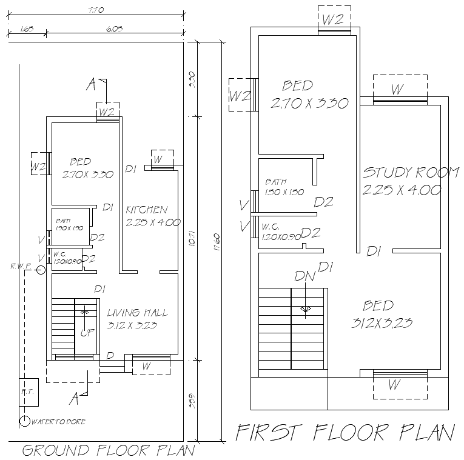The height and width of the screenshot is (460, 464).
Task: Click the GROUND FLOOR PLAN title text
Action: pos(109,450)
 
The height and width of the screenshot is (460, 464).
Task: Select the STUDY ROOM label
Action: pos(411,173)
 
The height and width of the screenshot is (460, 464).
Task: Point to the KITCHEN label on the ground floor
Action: pos(146,210)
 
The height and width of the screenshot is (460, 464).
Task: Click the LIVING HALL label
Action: pos(137,313)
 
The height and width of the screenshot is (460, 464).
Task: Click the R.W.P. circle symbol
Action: pos(40,270)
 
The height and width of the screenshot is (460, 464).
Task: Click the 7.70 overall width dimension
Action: pos(95,10)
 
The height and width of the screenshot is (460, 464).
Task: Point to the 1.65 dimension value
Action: pos(26,28)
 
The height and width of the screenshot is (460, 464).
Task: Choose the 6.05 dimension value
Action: pos(114,28)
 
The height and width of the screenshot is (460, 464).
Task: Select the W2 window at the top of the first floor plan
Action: pos(332,19)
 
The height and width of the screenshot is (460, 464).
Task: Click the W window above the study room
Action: pos(397,90)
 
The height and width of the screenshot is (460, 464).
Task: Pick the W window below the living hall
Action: pos(146,366)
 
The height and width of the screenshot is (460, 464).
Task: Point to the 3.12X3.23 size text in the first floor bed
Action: pos(382,323)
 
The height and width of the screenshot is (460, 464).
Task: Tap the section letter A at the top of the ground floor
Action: pos(91,85)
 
